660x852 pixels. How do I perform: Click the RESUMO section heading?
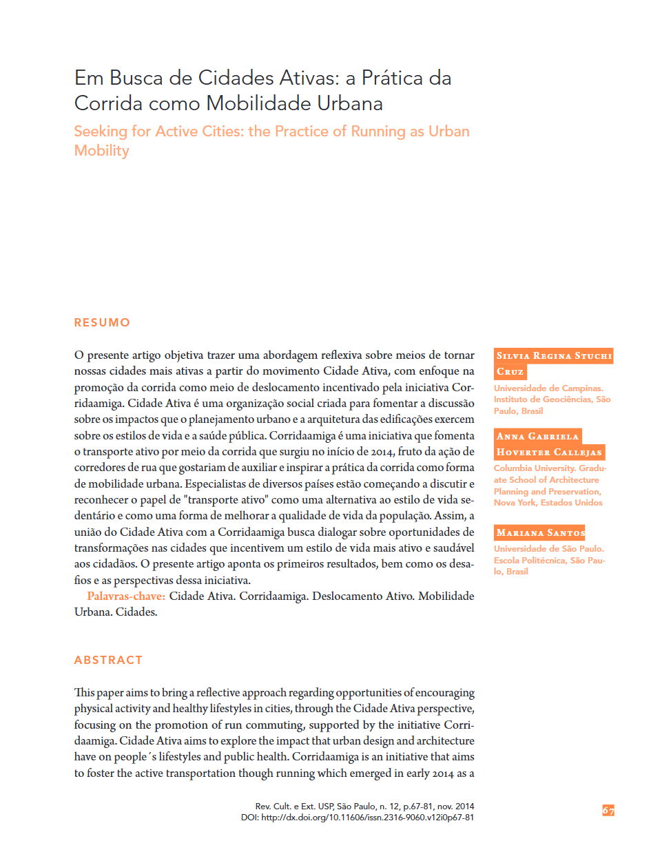click(102, 322)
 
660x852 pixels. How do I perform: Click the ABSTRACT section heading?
click(108, 660)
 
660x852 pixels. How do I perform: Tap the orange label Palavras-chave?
click(126, 596)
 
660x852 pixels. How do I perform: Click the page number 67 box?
click(608, 811)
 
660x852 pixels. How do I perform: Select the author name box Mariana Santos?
click(540, 533)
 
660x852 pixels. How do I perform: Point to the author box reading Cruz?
click(510, 372)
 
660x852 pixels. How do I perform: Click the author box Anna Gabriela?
click(537, 437)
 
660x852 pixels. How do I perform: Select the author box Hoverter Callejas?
click(549, 453)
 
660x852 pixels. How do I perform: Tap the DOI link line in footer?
click(357, 818)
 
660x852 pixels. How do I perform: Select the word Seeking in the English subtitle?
click(101, 132)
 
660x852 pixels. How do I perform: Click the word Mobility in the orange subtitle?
click(101, 151)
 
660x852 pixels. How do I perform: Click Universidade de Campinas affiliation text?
click(548, 388)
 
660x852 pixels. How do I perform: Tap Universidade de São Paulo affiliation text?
click(548, 549)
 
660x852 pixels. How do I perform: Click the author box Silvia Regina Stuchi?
click(554, 356)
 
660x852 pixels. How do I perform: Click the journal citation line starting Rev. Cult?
click(364, 806)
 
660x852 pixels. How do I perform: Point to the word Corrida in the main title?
click(108, 103)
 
